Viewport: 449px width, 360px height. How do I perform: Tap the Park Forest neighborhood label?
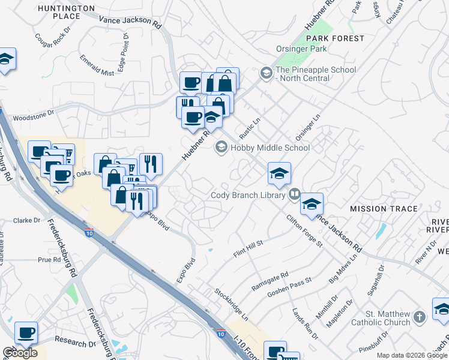(x=334, y=38)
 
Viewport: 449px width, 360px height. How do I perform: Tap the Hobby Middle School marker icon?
(x=221, y=147)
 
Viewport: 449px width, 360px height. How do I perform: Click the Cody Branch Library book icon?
(x=294, y=194)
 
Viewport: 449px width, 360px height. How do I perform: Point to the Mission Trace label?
(x=384, y=209)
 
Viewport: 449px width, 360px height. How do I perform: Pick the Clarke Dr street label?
(x=26, y=220)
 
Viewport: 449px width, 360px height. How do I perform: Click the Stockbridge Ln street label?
(x=231, y=304)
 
